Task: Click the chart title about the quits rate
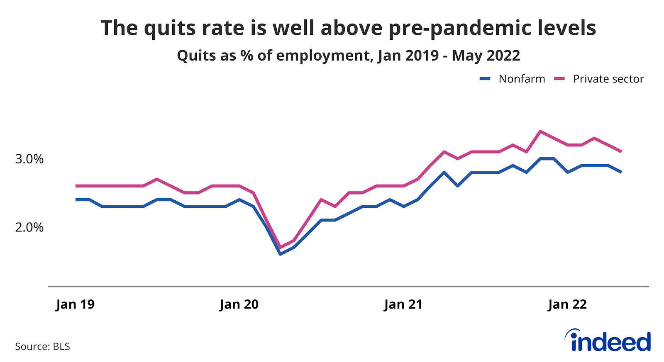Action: pos(348,28)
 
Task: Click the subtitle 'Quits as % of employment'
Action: pos(348,56)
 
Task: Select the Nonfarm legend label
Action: pos(522,79)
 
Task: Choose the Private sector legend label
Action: pos(608,79)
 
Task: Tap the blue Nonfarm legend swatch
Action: pos(485,79)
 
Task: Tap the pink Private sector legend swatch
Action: pos(559,79)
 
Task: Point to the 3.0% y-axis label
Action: pos(29,159)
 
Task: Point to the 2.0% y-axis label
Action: pos(29,227)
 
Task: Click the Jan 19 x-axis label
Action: pos(75,304)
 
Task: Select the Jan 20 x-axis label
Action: pos(239,304)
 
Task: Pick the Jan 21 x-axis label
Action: pos(403,304)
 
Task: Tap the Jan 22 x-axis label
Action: pos(567,304)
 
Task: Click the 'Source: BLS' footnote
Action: pos(43,346)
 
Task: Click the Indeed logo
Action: pos(608,341)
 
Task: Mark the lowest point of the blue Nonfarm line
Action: pos(280,254)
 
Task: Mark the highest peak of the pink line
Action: pos(539,131)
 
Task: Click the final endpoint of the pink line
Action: pos(621,152)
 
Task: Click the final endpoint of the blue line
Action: pos(621,172)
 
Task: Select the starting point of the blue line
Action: pos(76,199)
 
